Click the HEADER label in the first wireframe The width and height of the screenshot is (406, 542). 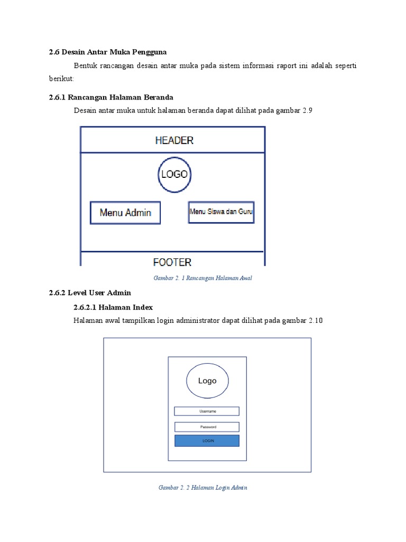pyautogui.click(x=174, y=140)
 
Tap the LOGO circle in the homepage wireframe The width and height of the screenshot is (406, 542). pyautogui.click(x=174, y=174)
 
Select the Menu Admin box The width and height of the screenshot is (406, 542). pyautogui.click(x=125, y=213)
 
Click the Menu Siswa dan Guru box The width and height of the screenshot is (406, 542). pyautogui.click(x=221, y=212)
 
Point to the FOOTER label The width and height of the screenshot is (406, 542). pyautogui.click(x=172, y=261)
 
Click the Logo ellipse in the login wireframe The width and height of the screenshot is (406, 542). pyautogui.click(x=207, y=381)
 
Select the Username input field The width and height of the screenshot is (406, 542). pyautogui.click(x=207, y=411)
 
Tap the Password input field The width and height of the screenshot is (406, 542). pyautogui.click(x=207, y=427)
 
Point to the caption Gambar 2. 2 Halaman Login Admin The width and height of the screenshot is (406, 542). pyautogui.click(x=203, y=487)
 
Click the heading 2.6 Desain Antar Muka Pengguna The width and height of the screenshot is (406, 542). pyautogui.click(x=107, y=52)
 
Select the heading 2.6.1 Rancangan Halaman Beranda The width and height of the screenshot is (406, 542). pyautogui.click(x=110, y=97)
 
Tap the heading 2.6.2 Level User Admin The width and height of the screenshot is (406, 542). pyautogui.click(x=89, y=293)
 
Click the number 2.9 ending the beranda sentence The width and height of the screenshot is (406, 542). pyautogui.click(x=309, y=111)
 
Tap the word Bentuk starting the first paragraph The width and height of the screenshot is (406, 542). pyautogui.click(x=86, y=66)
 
